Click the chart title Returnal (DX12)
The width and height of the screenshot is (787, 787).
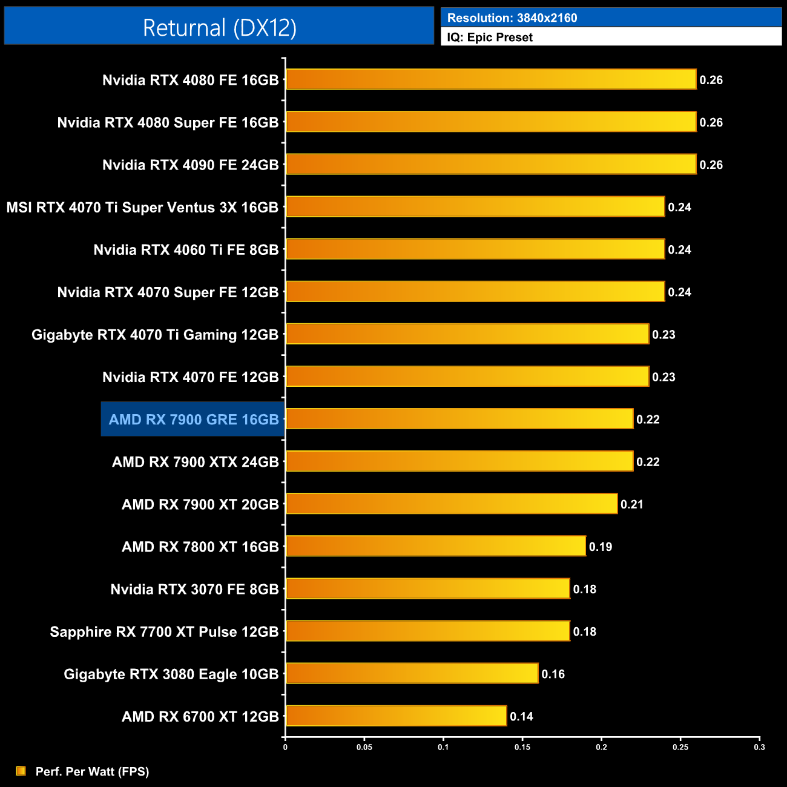219,28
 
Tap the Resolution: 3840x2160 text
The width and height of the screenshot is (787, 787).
512,18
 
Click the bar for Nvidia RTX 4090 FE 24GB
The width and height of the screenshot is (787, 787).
490,164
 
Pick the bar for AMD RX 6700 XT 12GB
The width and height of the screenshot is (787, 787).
396,716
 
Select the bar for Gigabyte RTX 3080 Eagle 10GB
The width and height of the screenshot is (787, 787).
412,673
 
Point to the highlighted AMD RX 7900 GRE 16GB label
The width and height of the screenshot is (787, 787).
193,420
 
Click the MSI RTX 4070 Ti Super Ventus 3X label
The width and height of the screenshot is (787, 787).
142,208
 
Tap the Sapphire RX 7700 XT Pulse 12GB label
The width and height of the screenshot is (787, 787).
164,632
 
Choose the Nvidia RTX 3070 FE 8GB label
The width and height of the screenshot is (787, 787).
194,590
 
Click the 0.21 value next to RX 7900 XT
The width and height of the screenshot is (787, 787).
631,504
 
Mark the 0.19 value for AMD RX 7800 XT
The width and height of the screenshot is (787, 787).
601,547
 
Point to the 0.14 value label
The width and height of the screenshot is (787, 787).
521,717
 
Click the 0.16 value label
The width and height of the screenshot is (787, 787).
553,674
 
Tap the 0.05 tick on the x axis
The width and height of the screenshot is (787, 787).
364,747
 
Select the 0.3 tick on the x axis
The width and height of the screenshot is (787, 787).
759,747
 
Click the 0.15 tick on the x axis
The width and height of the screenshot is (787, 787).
522,747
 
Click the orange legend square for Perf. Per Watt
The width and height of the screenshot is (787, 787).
21,771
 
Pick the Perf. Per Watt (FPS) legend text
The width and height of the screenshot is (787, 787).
92,771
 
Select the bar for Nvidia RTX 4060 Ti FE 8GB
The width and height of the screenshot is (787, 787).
475,249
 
